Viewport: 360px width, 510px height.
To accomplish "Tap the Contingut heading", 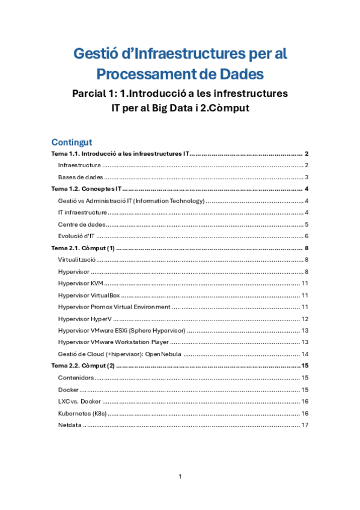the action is (71, 142).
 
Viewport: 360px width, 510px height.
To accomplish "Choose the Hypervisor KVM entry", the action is (80, 283).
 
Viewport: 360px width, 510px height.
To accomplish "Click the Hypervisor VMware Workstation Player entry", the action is (114, 342).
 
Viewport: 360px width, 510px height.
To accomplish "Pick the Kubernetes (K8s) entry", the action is (83, 413).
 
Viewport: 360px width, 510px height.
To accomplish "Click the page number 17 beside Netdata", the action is (305, 425).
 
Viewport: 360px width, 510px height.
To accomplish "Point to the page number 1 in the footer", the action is (180, 477).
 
